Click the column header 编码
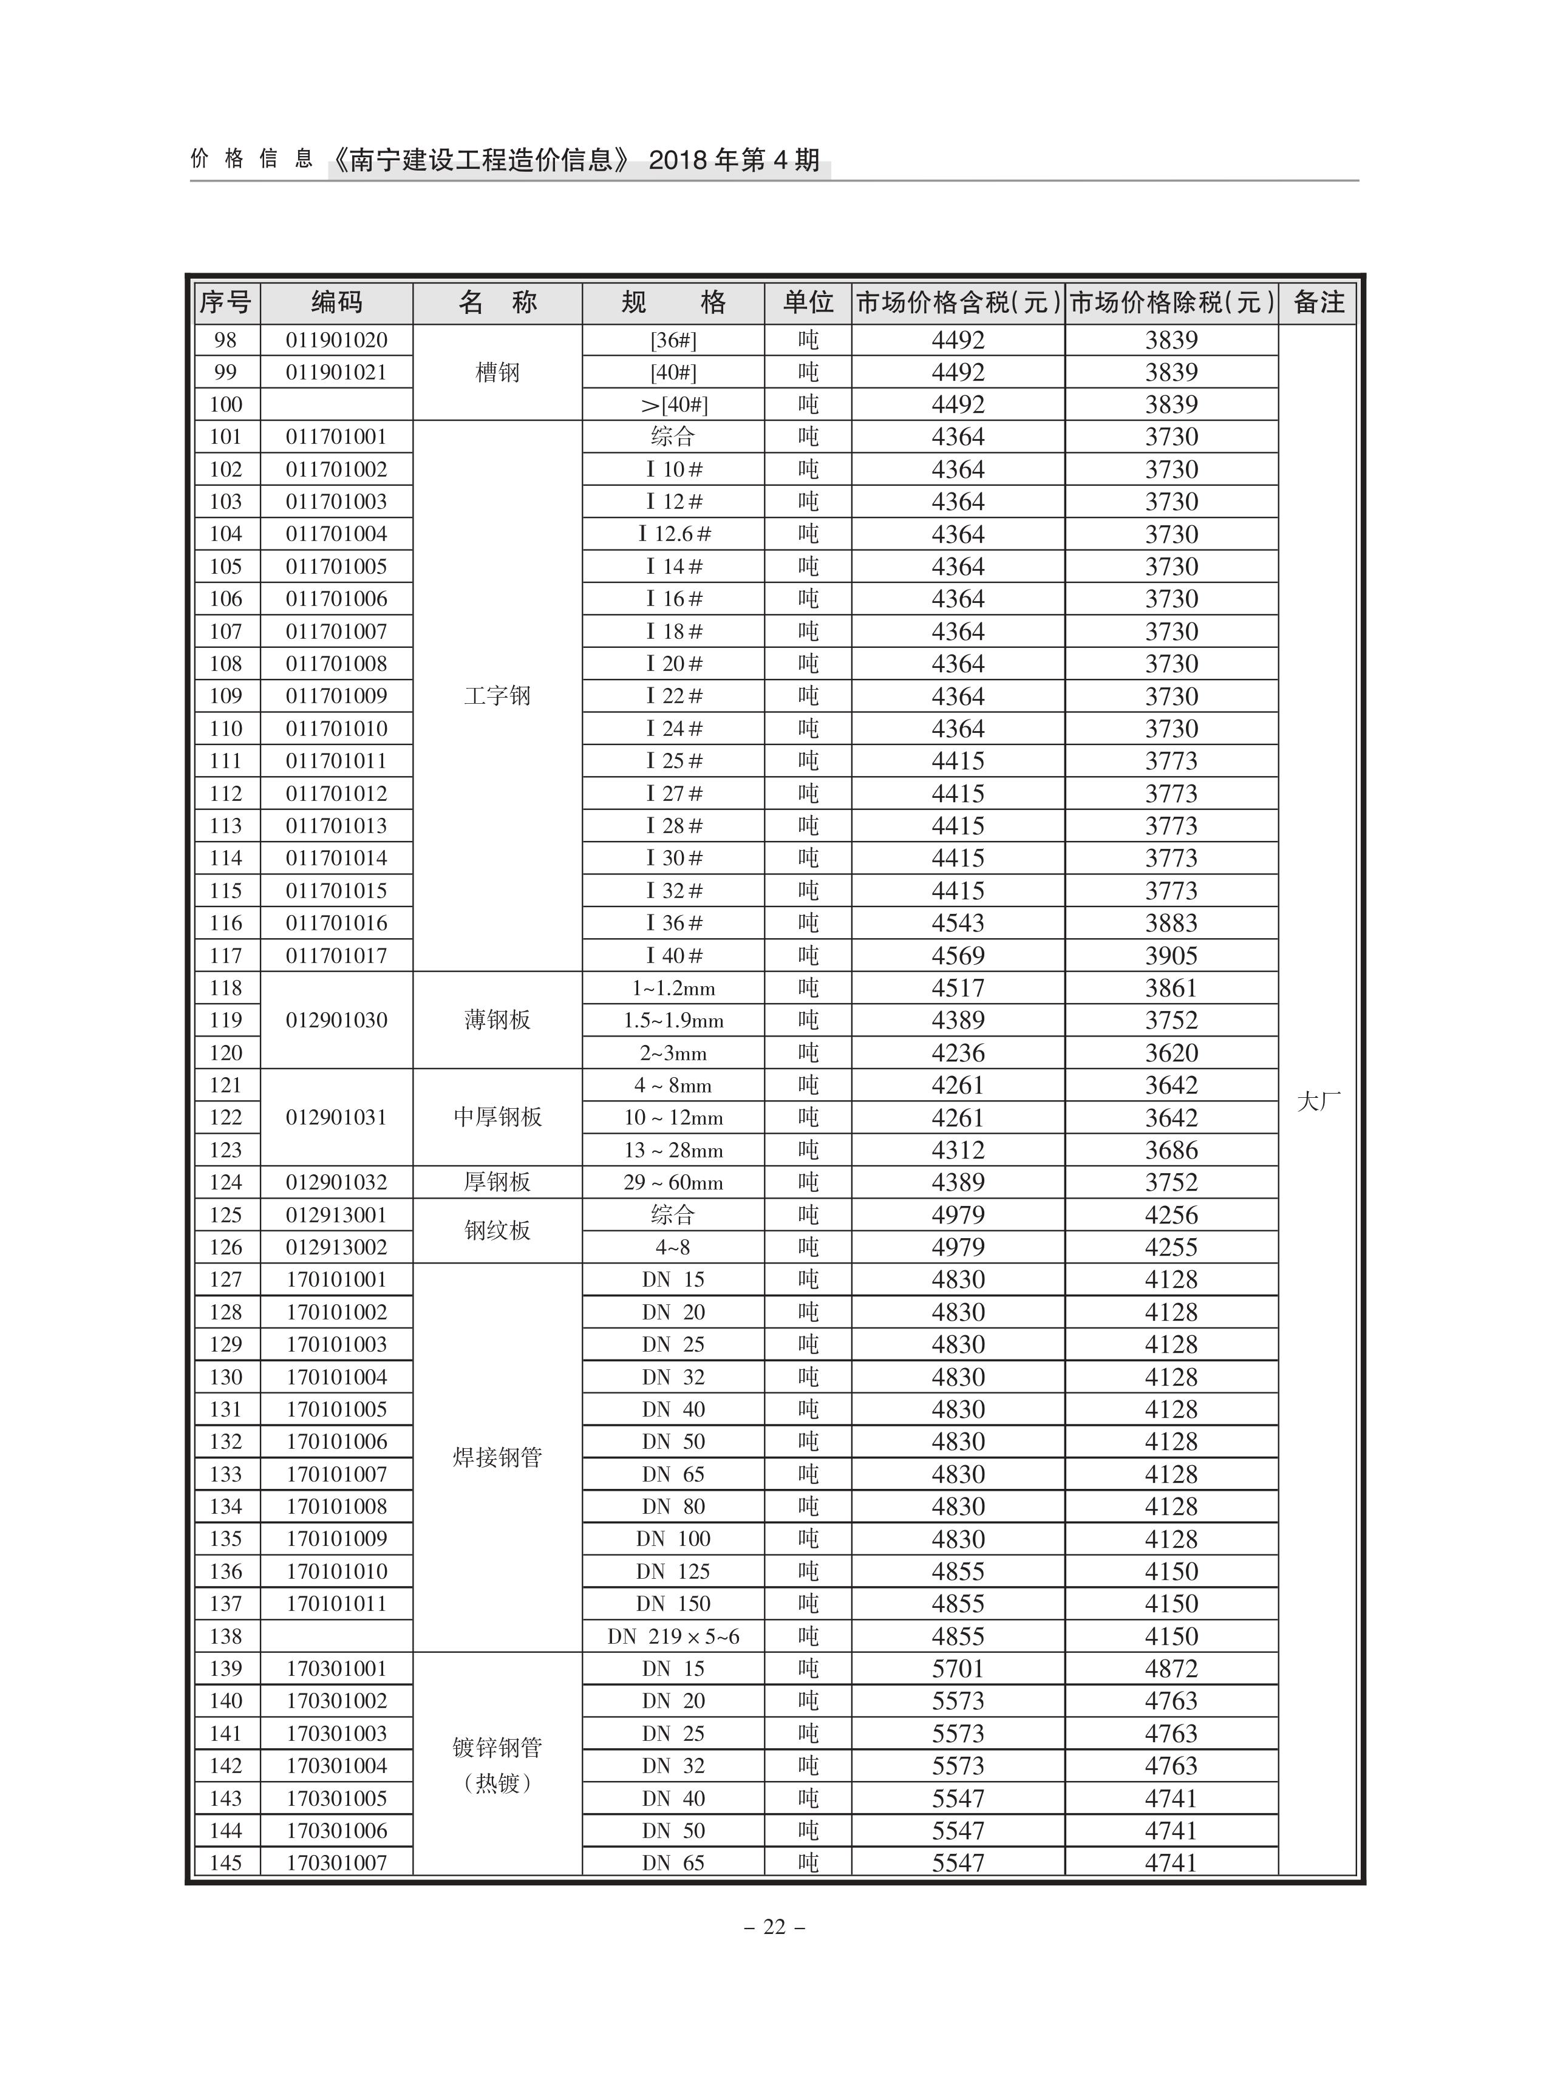(x=336, y=303)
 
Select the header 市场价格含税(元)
(x=958, y=303)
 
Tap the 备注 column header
(x=1318, y=303)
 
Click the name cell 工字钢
(x=497, y=696)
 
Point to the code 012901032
(x=336, y=1182)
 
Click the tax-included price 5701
(x=958, y=1669)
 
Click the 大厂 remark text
(x=1318, y=1101)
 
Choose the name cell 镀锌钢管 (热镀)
(x=497, y=1765)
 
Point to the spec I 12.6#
(x=674, y=534)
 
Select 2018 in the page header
(x=678, y=160)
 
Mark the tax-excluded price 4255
(x=1171, y=1247)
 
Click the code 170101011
(x=336, y=1604)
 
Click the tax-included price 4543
(x=958, y=924)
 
